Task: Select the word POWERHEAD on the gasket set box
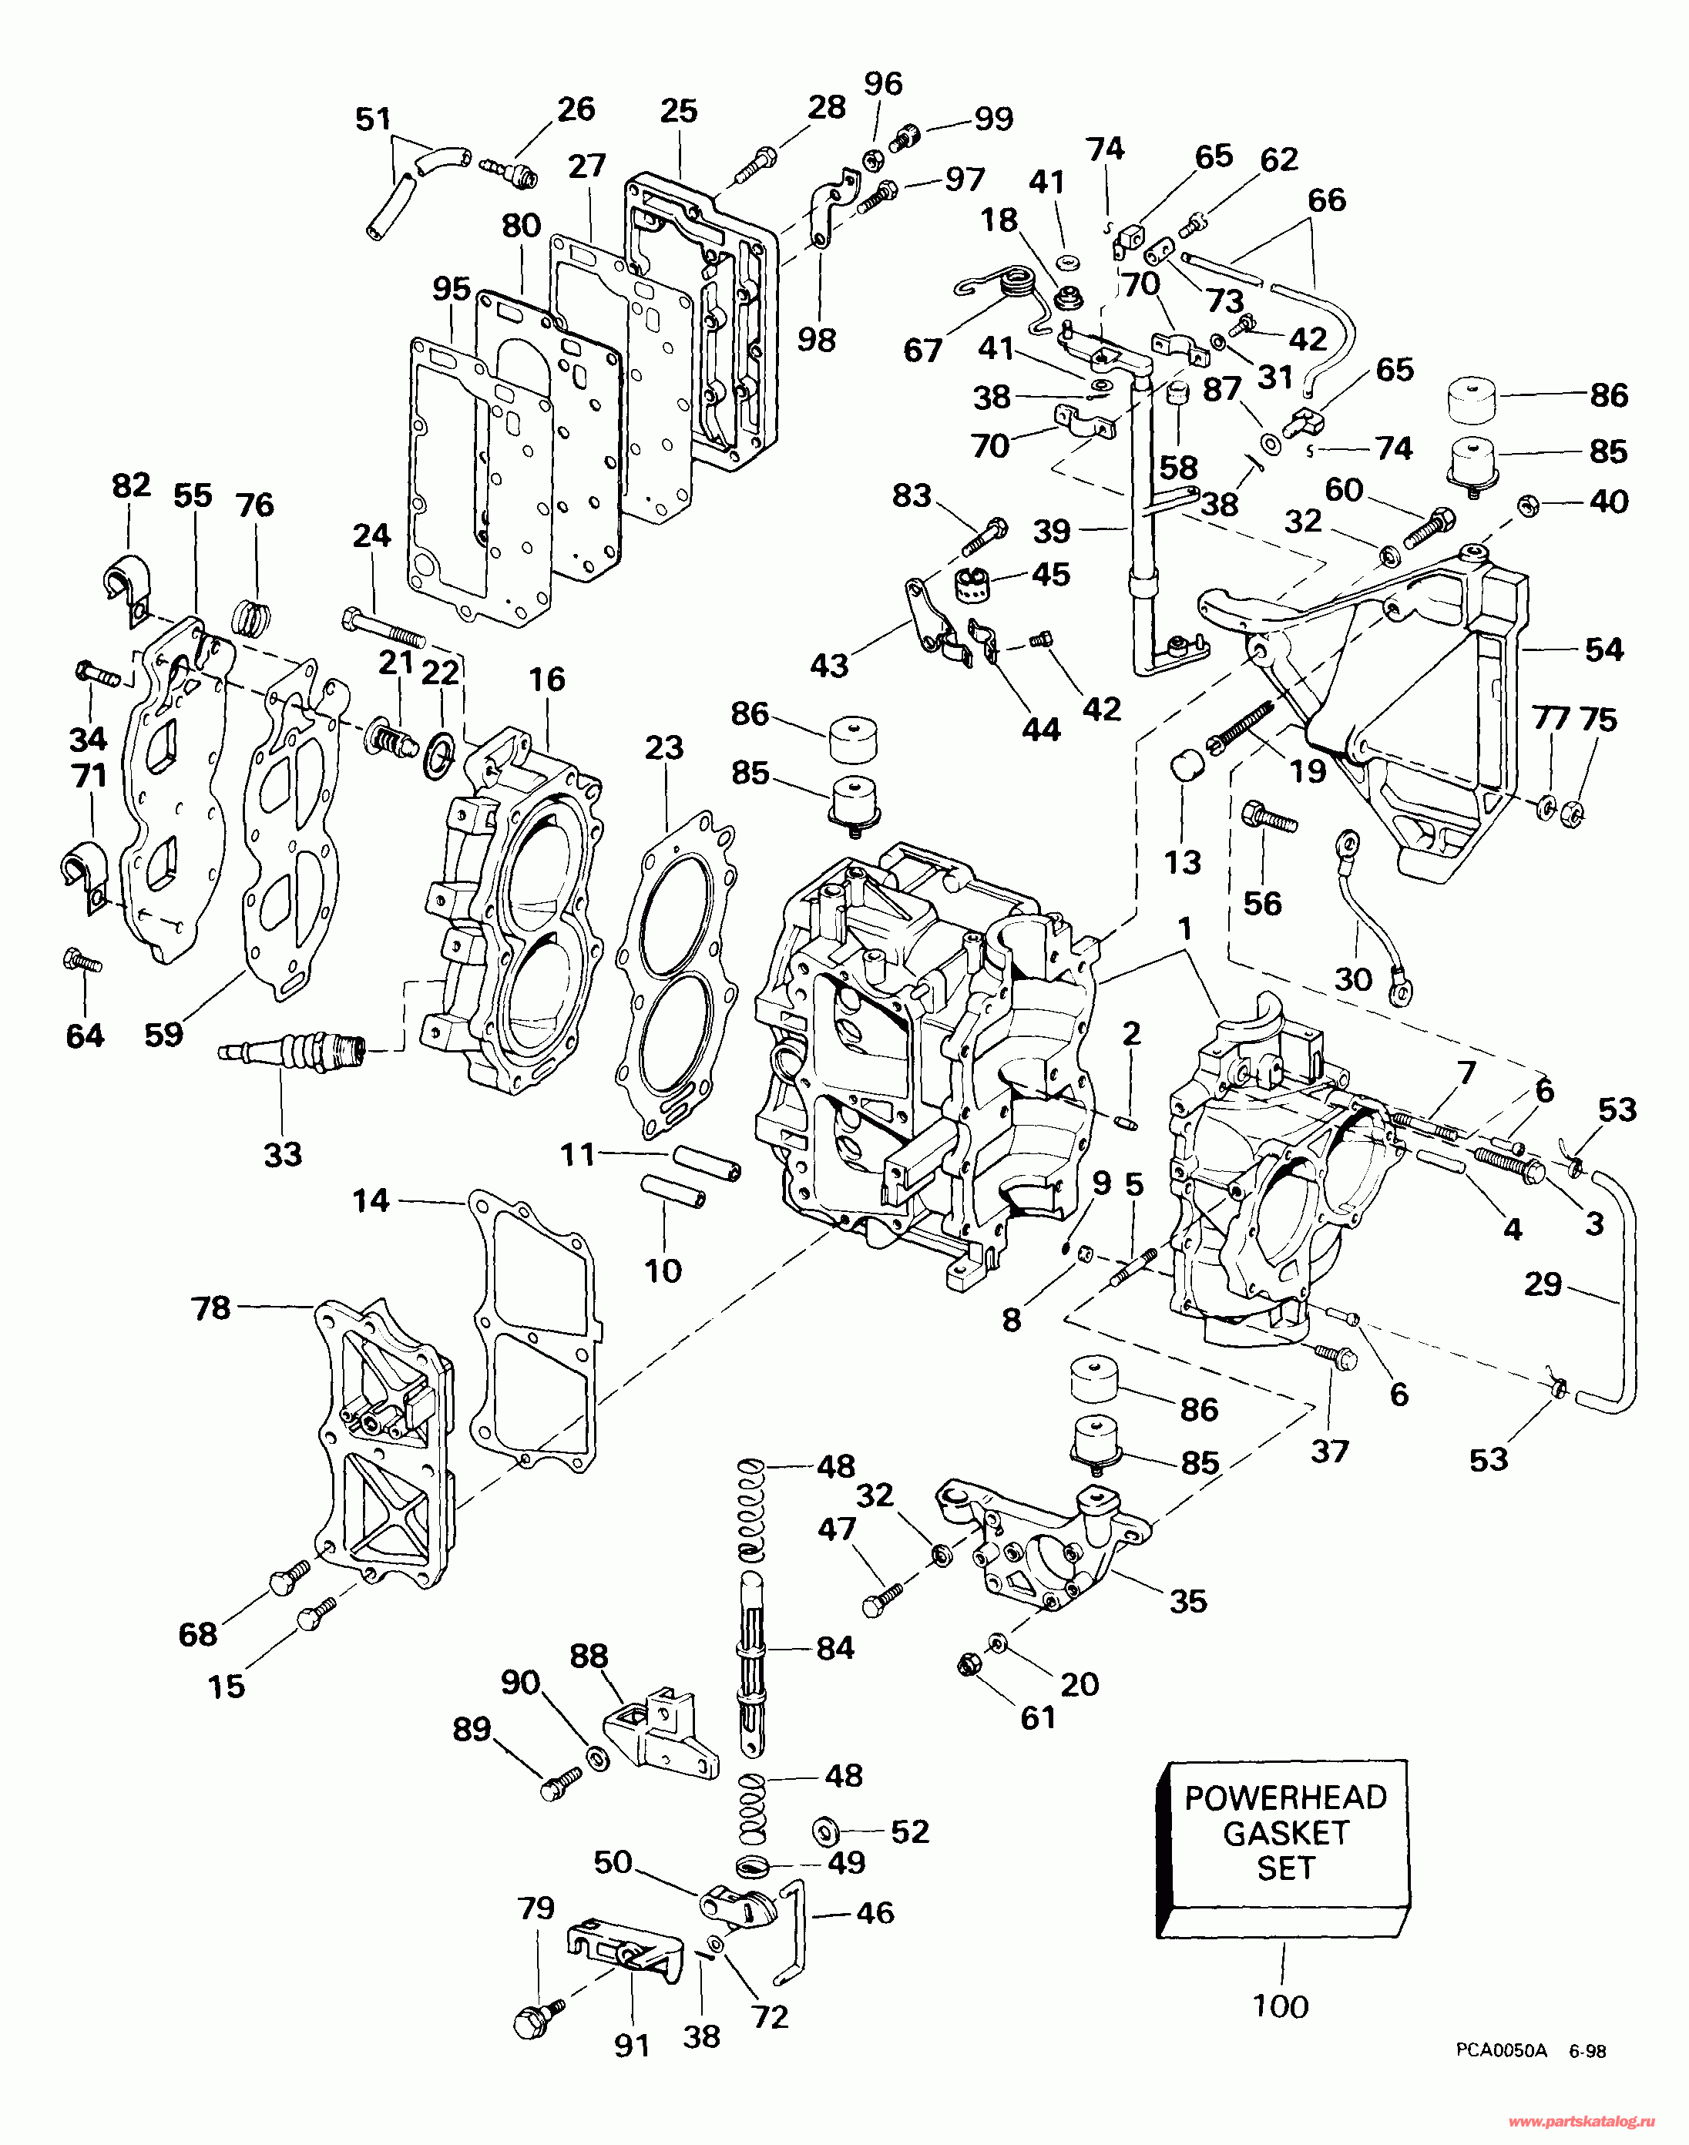coord(1285,1797)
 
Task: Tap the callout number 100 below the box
coord(1281,2006)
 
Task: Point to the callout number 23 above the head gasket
coord(663,747)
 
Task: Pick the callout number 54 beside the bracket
coord(1604,649)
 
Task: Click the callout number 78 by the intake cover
coord(210,1308)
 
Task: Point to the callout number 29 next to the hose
coord(1543,1284)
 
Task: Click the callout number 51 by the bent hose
coord(373,119)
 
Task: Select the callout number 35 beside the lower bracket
coord(1187,1601)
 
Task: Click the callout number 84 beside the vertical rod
coord(834,1647)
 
